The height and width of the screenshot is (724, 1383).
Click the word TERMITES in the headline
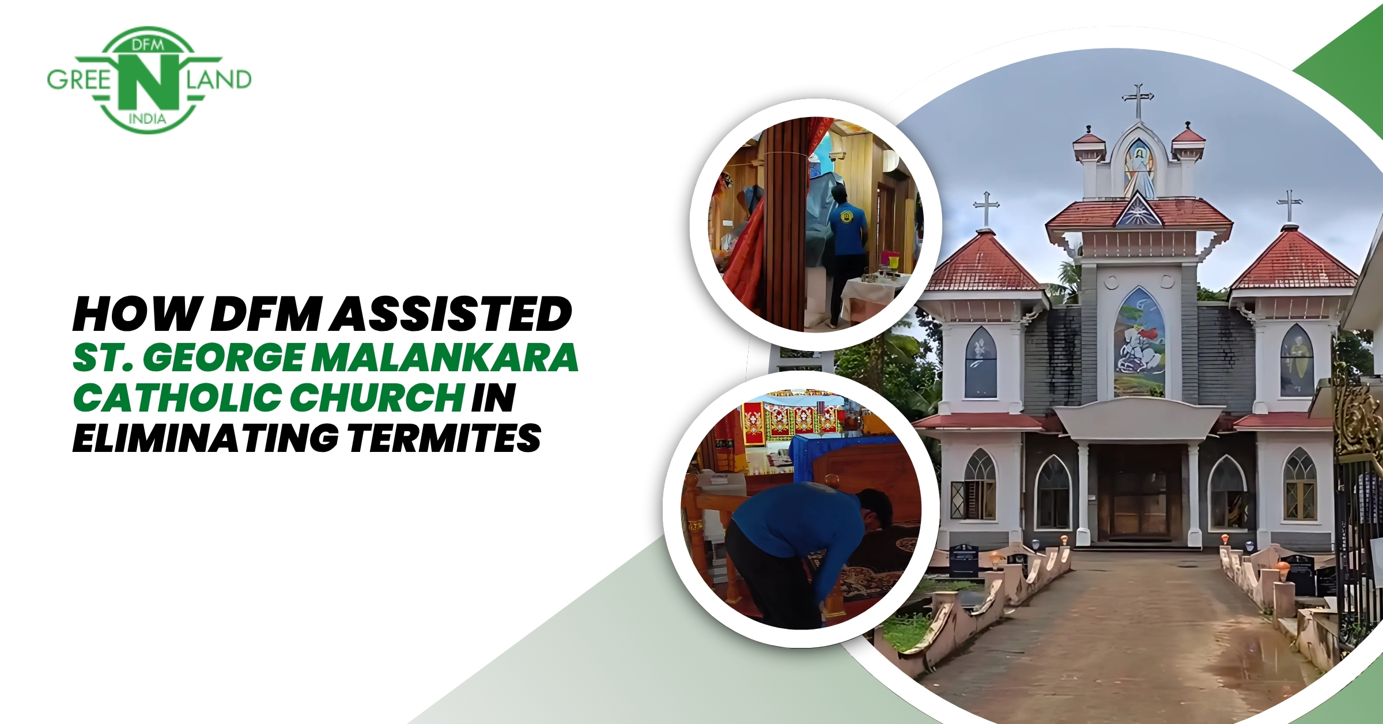coord(444,438)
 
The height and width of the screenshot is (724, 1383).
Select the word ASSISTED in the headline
coord(450,315)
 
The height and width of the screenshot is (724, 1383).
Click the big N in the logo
coord(148,80)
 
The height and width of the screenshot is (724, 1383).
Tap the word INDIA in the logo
coord(148,119)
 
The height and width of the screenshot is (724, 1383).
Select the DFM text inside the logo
coord(148,44)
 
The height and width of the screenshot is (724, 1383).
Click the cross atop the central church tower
coord(1138,101)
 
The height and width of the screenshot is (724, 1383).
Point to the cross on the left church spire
coord(986,208)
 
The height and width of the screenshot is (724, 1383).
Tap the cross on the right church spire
coord(1289,206)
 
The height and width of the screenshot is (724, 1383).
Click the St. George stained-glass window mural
coord(1140,342)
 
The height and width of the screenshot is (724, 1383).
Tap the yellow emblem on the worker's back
coord(847,218)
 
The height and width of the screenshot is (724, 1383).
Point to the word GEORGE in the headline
coord(224,357)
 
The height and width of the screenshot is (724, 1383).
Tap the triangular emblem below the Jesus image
coord(1138,211)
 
